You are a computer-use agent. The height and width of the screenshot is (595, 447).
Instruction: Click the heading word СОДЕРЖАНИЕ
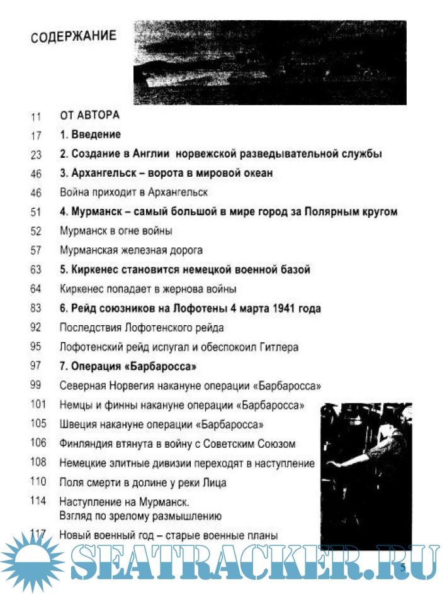pos(74,36)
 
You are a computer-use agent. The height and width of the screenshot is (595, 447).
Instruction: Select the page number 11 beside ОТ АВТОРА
pos(35,116)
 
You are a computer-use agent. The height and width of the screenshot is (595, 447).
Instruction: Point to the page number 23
pos(35,155)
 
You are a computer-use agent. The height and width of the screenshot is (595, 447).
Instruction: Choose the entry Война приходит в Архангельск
pos(133,192)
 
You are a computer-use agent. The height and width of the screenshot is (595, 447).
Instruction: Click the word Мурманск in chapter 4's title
pos(97,212)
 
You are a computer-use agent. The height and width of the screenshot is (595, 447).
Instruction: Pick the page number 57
pos(35,250)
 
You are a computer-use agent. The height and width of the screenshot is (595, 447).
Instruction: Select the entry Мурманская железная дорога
pos(131,250)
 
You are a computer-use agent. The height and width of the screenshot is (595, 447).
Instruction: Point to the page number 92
pos(35,328)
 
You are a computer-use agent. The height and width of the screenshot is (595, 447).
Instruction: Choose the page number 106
pos(37,443)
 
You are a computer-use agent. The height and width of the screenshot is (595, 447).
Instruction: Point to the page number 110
pos(37,482)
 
